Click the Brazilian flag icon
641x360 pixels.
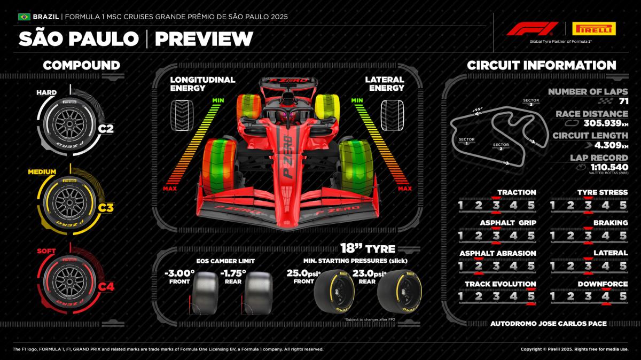pos(24,17)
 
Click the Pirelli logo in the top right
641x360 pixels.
pos(593,28)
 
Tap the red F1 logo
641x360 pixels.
pos(531,28)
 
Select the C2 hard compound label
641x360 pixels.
pos(106,129)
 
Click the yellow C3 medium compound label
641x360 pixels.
pos(106,208)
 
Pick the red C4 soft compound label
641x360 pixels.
pos(106,287)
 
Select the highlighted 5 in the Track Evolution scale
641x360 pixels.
pos(530,296)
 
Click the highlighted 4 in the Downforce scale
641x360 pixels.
pos(605,296)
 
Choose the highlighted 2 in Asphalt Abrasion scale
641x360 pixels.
pos(478,265)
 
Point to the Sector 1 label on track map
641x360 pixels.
pos(466,142)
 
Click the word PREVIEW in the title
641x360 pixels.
pos(204,38)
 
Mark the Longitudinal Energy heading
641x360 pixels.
pos(202,84)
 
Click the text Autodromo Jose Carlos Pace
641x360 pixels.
pos(548,323)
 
